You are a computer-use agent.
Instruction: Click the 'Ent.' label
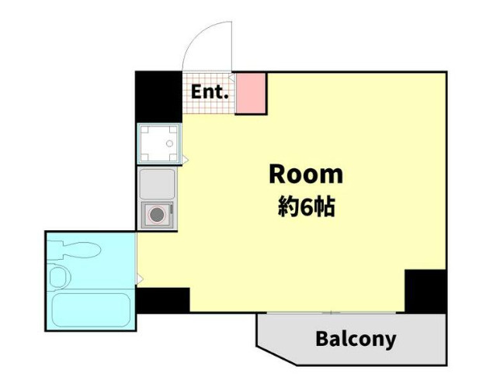tap(210, 92)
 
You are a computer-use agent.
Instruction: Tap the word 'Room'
tap(306, 174)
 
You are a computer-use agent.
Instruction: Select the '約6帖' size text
tap(306, 207)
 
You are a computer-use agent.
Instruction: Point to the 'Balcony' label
tap(356, 339)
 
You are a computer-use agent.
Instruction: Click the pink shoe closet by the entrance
tap(250, 93)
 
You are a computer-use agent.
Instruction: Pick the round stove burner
tap(157, 215)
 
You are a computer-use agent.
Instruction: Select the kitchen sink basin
tap(157, 184)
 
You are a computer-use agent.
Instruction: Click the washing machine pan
tap(159, 143)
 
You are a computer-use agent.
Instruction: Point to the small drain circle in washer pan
tap(169, 143)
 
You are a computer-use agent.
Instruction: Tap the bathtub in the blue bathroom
tap(91, 310)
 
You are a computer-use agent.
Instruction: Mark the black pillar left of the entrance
tap(159, 97)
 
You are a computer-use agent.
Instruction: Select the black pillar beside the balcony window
tap(425, 291)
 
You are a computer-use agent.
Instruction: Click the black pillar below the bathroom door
tap(163, 300)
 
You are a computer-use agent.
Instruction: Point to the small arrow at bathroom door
tap(140, 278)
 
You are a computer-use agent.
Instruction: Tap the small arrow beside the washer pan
tap(186, 160)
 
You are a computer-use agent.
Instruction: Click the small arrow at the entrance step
tap(231, 78)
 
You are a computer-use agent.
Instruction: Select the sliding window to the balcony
tap(331, 313)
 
